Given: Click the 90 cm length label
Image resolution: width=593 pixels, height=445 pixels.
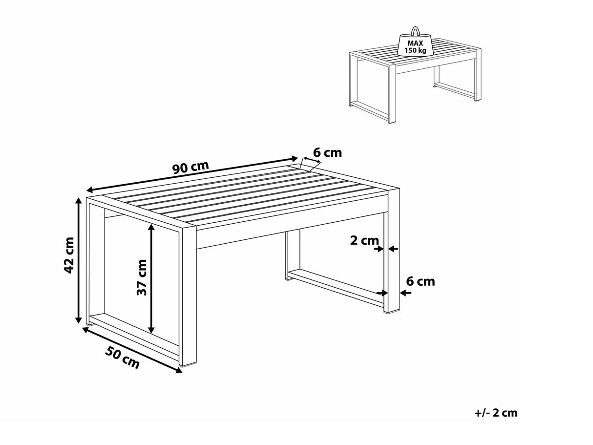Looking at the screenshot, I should click(x=191, y=167).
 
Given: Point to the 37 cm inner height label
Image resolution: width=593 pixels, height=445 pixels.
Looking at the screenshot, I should click(x=141, y=277).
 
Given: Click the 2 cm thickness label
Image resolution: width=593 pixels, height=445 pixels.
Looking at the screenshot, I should click(x=364, y=240).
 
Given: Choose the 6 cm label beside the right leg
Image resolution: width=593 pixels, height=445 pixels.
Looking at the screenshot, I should click(x=420, y=281).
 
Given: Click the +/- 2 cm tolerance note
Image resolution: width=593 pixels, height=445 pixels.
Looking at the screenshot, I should click(x=495, y=413).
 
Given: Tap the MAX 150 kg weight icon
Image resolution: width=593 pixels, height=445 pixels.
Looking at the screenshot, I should click(x=415, y=44).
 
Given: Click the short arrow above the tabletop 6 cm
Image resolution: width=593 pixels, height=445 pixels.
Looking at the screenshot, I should click(x=312, y=163).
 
